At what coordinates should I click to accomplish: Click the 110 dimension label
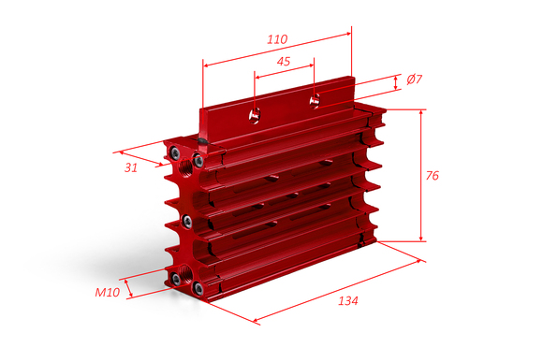[277, 39]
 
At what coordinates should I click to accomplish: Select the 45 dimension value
[284, 62]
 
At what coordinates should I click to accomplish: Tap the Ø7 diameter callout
[415, 80]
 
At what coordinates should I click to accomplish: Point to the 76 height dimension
[433, 176]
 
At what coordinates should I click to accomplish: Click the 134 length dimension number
[348, 301]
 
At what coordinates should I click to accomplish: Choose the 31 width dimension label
[131, 167]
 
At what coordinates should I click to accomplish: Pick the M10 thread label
[108, 293]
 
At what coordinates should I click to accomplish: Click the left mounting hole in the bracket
[255, 115]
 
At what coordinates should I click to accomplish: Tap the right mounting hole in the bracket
[315, 100]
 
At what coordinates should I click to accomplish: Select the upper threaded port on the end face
[186, 167]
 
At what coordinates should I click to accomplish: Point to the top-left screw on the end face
[174, 152]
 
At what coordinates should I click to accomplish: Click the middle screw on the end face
[187, 221]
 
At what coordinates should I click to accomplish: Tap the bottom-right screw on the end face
[198, 287]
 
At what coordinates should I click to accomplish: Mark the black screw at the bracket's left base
[202, 140]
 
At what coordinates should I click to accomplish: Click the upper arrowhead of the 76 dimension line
[421, 113]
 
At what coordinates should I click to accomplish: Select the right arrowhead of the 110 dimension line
[347, 34]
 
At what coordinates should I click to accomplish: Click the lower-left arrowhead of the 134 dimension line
[257, 321]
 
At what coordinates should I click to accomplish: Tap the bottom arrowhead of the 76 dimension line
[421, 238]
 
